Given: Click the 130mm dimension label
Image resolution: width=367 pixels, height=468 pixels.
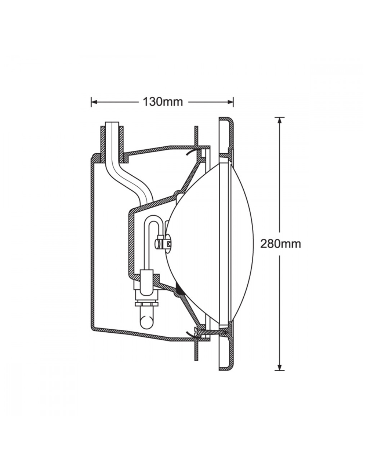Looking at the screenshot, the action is click(x=163, y=102).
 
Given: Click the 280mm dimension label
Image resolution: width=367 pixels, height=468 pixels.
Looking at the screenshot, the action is click(x=280, y=244).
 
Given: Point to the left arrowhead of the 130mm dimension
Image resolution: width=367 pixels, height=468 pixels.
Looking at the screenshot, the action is click(x=94, y=102).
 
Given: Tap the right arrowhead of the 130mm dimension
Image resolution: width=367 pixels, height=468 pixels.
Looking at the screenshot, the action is click(x=230, y=102).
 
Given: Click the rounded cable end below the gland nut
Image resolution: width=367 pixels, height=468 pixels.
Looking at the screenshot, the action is click(x=146, y=322).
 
